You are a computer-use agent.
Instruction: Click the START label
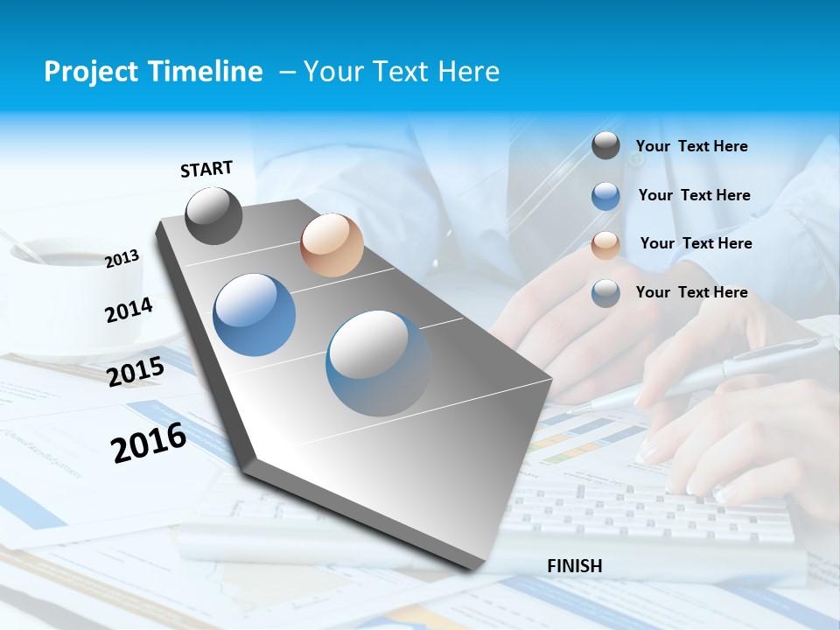206,169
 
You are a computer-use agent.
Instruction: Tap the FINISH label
574,566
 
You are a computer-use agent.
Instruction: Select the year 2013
122,258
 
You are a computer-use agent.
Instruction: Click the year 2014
129,310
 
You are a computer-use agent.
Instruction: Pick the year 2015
136,372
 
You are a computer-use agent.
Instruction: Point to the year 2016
149,442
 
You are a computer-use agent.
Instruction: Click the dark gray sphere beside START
213,215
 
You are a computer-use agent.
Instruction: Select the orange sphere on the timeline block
332,245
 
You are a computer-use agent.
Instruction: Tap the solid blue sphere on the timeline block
255,315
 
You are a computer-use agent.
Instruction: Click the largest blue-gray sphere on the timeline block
378,363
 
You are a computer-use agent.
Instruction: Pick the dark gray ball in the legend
605,146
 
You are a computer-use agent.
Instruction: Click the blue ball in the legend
605,196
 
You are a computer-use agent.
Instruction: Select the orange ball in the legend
605,245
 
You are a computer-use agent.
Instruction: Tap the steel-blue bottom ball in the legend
605,293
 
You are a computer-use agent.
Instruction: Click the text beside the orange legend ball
696,243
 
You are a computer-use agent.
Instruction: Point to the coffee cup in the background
52,262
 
